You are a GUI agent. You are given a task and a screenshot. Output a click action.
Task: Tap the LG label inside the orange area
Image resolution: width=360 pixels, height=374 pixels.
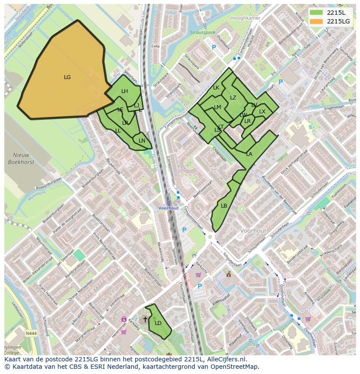(x=67, y=77)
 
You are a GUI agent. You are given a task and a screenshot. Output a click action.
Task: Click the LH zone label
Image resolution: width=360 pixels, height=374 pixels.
(x=124, y=91)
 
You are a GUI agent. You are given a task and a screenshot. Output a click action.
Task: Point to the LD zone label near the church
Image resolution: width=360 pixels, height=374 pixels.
(x=158, y=323)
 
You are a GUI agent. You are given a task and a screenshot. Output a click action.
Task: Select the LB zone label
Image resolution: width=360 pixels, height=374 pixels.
(x=224, y=206)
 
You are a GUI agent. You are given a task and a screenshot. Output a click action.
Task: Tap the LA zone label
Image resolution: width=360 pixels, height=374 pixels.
(x=249, y=154)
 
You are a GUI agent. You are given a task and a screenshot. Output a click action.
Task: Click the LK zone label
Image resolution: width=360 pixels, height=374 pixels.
(x=216, y=88)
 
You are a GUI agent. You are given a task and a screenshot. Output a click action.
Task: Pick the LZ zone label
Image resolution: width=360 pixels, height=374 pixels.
(x=233, y=98)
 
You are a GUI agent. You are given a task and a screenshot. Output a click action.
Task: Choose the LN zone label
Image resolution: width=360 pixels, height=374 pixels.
(x=142, y=141)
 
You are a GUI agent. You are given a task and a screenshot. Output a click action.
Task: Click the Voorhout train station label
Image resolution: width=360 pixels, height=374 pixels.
(x=168, y=208)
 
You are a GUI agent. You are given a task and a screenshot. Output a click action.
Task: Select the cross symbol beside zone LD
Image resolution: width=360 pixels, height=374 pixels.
(x=145, y=319)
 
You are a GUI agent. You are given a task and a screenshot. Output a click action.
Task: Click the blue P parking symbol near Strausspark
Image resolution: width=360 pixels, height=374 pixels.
(x=213, y=47)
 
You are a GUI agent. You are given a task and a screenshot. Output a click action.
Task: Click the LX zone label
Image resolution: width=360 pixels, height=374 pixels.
(x=262, y=112)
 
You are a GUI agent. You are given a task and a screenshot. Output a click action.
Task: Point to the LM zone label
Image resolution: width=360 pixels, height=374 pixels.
(x=217, y=107)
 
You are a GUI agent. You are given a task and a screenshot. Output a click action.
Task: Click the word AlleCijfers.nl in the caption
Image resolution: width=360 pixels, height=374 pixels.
(x=227, y=360)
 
